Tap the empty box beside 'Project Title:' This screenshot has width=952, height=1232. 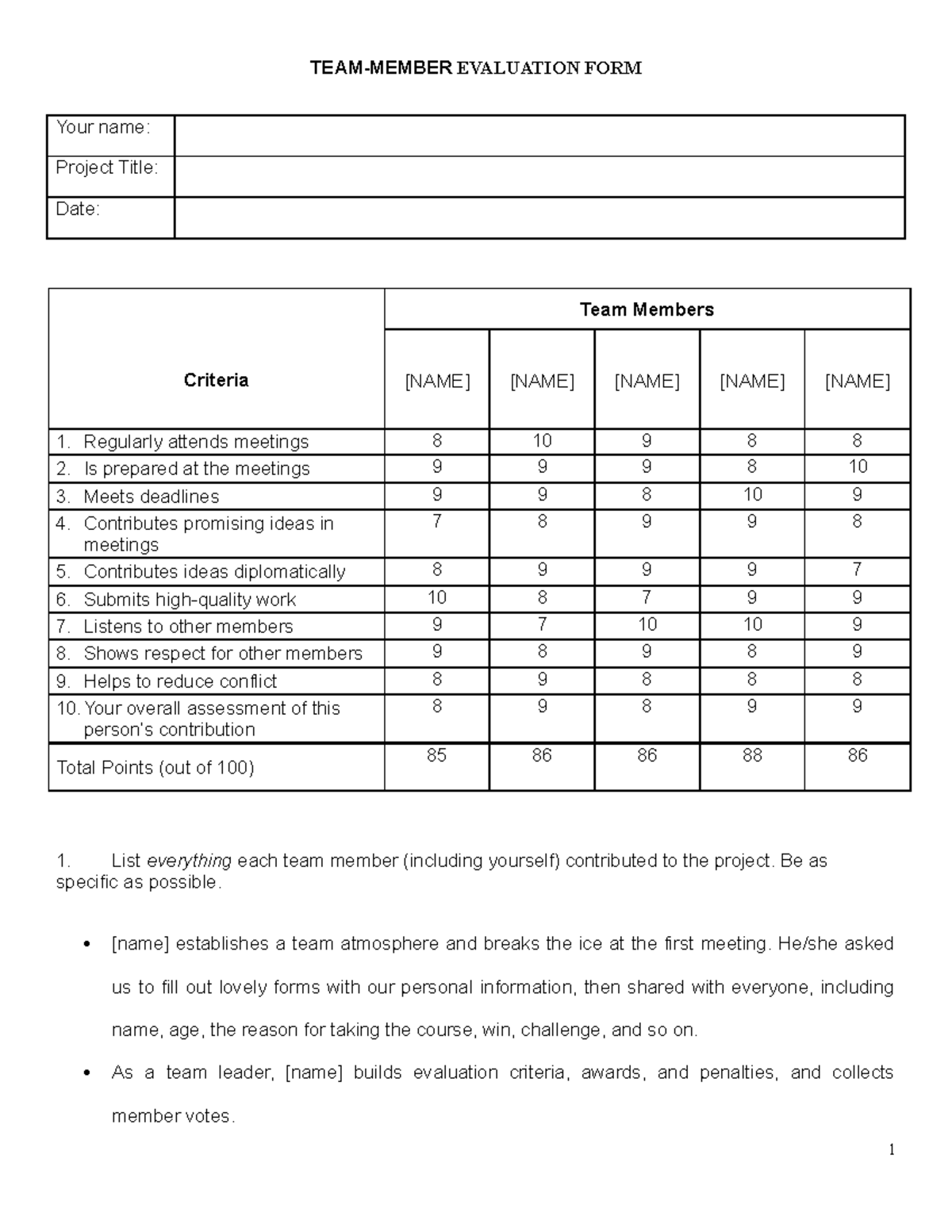click(539, 176)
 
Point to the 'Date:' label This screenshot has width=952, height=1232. click(78, 209)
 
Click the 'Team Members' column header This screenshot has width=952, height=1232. click(647, 309)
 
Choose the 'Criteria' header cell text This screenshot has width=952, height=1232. click(216, 381)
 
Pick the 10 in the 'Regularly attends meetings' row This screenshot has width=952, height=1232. click(542, 441)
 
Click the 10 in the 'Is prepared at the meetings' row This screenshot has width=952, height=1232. click(858, 467)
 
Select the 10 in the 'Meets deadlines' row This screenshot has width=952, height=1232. click(752, 495)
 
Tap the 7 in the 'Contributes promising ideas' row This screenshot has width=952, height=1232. click(437, 522)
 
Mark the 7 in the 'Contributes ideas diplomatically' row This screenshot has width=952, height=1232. click(858, 570)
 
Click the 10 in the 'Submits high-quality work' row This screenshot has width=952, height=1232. click(437, 597)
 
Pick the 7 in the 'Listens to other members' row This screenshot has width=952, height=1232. click(542, 624)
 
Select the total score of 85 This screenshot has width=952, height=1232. click(437, 755)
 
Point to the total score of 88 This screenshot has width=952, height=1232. click(752, 755)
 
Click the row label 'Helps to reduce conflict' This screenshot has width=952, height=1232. click(180, 681)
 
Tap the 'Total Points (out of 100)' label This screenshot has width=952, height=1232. click(155, 768)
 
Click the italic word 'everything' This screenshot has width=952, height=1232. click(190, 861)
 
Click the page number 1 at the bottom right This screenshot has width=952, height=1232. click(892, 1150)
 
